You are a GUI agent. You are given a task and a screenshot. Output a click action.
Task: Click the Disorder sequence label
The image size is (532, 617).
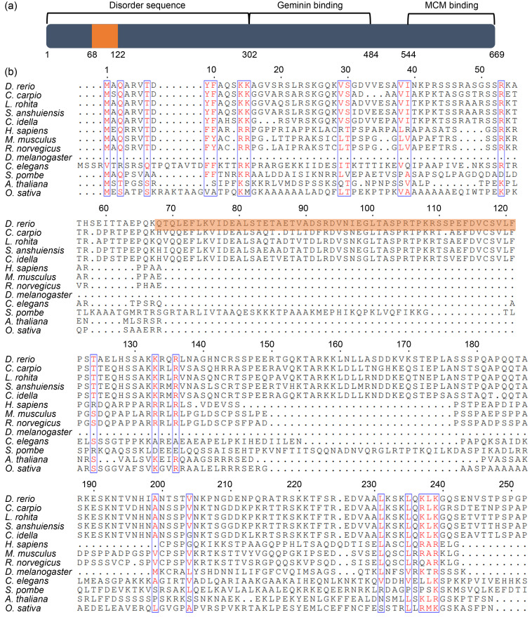pos(147,6)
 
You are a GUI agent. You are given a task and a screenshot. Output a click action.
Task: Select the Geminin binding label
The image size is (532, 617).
pos(310,6)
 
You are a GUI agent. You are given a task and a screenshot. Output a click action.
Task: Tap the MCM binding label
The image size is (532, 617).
pos(451,6)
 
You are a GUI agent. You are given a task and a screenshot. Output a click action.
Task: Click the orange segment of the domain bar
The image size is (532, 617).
pos(105,36)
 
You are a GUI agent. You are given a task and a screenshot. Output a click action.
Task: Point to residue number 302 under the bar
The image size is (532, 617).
pos(249,54)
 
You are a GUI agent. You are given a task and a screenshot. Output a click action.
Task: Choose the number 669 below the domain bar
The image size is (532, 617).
pos(497,54)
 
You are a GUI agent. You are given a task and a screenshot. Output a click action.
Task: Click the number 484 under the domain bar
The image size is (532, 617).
pos(371,54)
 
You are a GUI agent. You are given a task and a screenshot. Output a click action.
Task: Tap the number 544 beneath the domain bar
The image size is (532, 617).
pos(408,54)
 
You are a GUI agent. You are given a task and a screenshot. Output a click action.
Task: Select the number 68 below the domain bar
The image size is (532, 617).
pos(92,54)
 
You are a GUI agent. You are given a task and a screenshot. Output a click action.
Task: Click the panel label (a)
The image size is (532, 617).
pos(11,6)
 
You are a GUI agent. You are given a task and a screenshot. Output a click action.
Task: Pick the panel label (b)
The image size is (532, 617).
pos(11,72)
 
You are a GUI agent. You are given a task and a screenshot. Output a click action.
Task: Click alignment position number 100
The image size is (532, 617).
pos(367,208)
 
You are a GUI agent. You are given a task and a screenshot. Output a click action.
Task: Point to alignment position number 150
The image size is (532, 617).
pos(267,344)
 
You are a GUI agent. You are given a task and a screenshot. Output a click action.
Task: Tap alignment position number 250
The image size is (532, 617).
pos(506,484)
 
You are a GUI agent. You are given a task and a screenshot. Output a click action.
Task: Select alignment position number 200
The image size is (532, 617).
pos(157,484)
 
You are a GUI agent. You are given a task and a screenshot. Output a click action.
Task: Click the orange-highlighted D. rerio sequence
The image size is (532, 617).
pos(335,223)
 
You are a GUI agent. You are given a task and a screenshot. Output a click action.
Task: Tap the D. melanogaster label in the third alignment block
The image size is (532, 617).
pos(39,432)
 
